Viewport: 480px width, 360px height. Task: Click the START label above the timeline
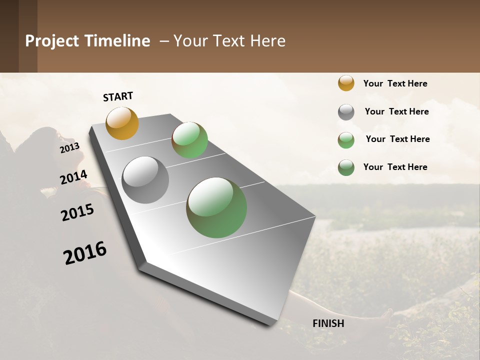(118, 96)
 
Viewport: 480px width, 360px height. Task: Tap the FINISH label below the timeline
(328, 323)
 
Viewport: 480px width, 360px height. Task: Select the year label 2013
(69, 147)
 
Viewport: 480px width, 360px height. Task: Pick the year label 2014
(73, 177)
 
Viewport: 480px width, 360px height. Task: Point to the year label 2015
(77, 212)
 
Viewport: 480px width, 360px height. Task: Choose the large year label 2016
(85, 252)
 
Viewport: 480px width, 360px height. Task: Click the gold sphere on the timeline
(122, 123)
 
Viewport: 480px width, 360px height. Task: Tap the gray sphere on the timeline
(145, 180)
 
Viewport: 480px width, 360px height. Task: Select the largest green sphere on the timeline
(216, 207)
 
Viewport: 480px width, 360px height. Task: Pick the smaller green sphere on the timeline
(189, 140)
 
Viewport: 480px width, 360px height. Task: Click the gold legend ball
(346, 83)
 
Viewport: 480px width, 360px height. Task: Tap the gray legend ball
(346, 112)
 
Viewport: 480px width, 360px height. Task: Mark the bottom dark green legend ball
(346, 167)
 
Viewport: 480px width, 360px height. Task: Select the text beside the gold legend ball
(395, 83)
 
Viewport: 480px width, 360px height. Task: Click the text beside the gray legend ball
(396, 111)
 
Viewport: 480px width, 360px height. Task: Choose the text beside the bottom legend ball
(395, 167)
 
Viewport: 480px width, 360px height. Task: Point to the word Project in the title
(52, 41)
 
